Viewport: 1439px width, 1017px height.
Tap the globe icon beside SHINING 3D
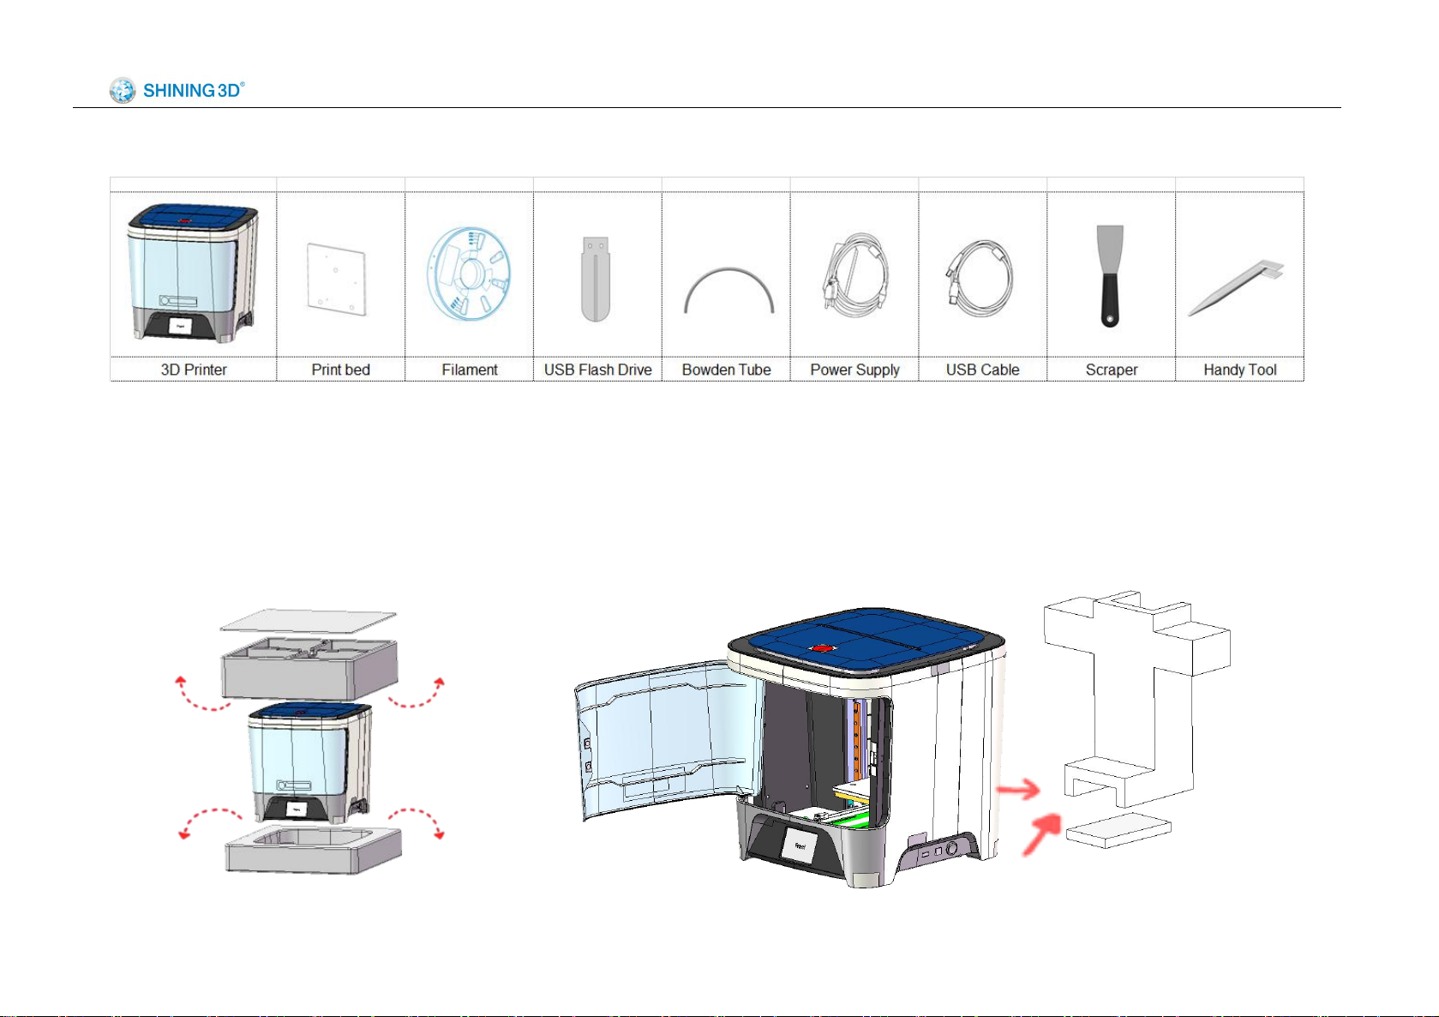click(x=122, y=90)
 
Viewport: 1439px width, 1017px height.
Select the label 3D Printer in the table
click(x=194, y=370)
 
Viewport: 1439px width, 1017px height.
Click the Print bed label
click(x=340, y=370)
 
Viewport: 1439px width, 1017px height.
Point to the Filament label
click(x=470, y=370)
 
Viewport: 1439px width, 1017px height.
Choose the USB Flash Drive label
click(x=597, y=370)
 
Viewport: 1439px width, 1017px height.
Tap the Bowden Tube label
click(x=726, y=370)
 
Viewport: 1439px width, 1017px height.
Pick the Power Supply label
click(x=854, y=370)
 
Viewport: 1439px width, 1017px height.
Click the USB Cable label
click(x=982, y=370)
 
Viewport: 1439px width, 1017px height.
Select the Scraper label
click(x=1112, y=370)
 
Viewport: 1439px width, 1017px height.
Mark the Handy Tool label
click(x=1240, y=370)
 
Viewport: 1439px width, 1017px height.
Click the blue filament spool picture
click(x=469, y=274)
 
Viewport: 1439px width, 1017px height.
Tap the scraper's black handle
click(x=1109, y=301)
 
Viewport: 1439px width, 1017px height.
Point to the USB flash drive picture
click(x=596, y=279)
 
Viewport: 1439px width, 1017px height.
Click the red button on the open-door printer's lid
click(x=821, y=648)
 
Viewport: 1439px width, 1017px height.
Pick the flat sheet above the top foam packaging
click(x=309, y=621)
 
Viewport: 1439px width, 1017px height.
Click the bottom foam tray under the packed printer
click(x=314, y=849)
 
